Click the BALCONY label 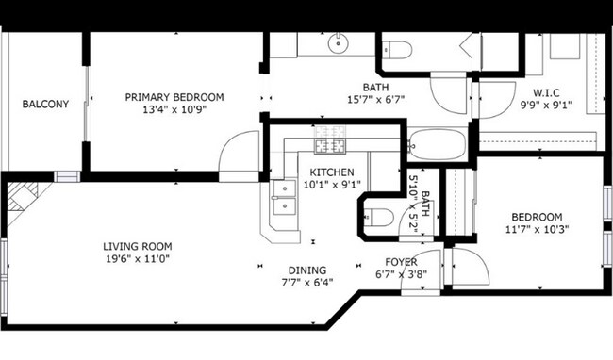point(45,104)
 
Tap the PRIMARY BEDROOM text point(174,97)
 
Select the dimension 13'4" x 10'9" point(174,109)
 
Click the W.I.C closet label point(547,92)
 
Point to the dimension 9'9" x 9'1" point(547,105)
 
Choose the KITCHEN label point(332,172)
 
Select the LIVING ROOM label point(137,247)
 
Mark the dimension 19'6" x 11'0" point(137,259)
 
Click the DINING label point(308,269)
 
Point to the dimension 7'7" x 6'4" point(308,281)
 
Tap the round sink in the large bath point(340,43)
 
